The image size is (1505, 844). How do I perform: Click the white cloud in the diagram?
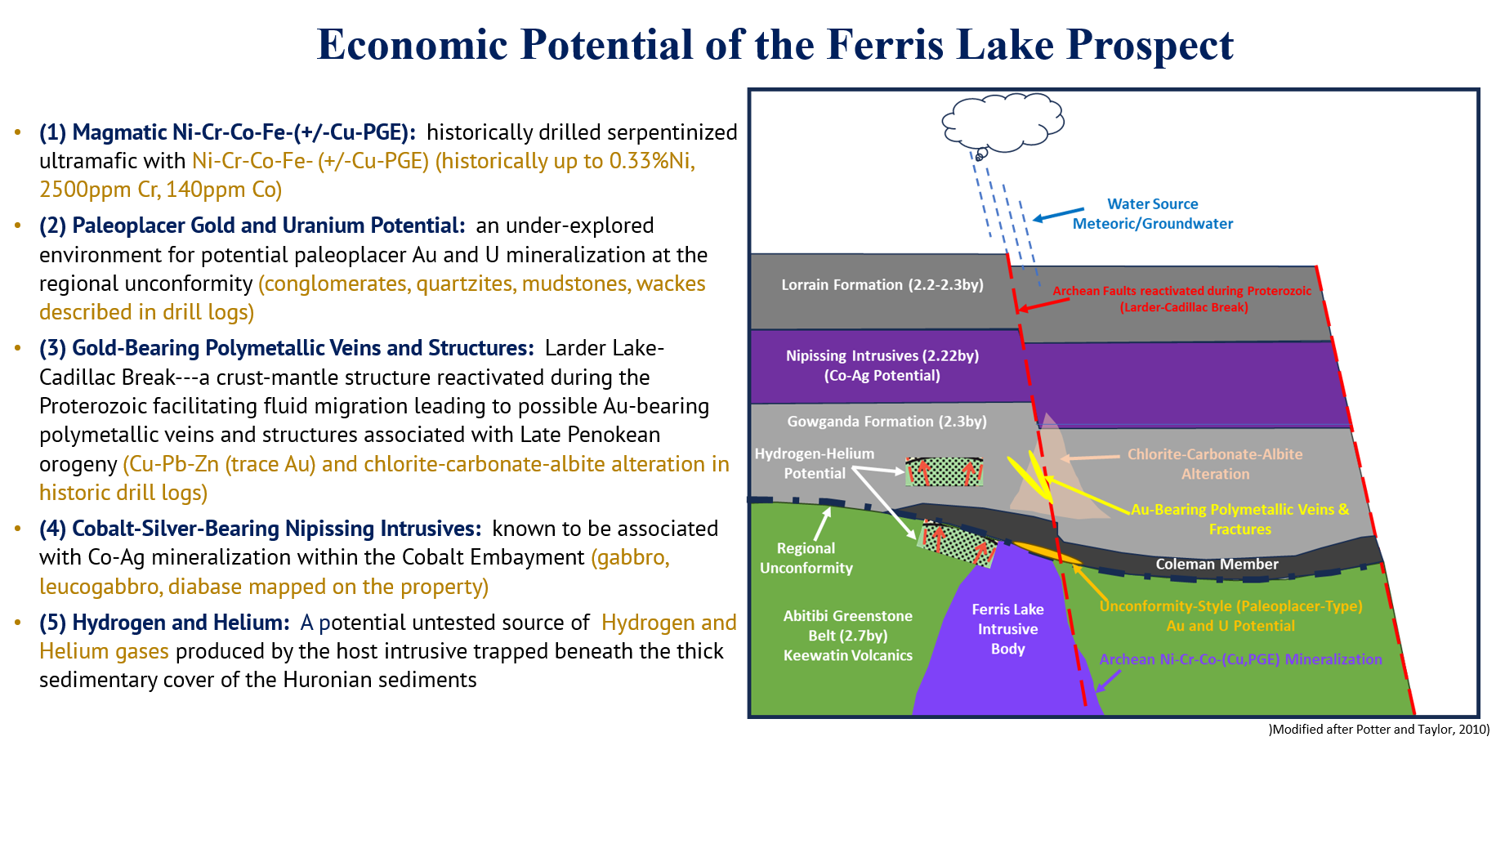point(1003,122)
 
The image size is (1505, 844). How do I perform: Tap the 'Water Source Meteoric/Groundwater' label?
point(1152,214)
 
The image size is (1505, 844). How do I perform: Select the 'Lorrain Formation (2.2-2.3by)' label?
point(882,285)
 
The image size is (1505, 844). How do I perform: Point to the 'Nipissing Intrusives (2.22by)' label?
point(882,356)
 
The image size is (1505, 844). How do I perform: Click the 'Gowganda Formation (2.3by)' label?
point(886,422)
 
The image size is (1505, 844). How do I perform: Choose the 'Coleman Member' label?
point(1217,565)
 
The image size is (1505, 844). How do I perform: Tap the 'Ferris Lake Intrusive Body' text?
point(1007,629)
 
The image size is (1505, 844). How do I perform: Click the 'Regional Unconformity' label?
point(806,558)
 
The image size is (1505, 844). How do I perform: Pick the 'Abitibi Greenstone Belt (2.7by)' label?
point(847,626)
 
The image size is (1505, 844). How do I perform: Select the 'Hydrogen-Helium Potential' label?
point(814,463)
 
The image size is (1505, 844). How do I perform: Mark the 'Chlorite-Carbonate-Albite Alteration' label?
point(1215,464)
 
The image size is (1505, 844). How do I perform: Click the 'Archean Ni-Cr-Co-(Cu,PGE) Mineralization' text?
point(1240,659)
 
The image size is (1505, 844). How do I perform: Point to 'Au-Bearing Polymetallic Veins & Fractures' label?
point(1239,519)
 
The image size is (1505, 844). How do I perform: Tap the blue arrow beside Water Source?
point(1058,214)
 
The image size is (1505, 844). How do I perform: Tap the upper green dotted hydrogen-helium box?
point(944,471)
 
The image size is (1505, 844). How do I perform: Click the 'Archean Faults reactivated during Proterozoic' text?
point(1181,291)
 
